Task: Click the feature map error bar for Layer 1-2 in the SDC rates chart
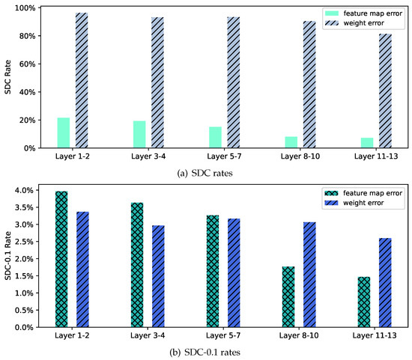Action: pyautogui.click(x=64, y=132)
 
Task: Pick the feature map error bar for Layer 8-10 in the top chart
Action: pyautogui.click(x=291, y=142)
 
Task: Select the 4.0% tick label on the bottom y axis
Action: pyautogui.click(x=25, y=190)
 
